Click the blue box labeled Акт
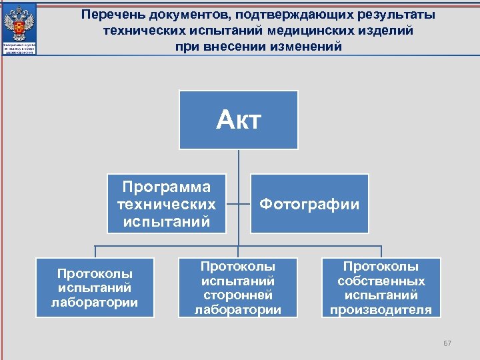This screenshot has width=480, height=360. [239, 120]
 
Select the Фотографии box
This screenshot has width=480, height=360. [309, 204]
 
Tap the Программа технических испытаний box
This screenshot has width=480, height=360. [166, 204]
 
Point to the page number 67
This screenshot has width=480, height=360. [447, 343]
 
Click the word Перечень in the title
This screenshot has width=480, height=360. [109, 15]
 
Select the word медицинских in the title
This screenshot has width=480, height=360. [303, 31]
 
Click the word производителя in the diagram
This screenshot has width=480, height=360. [381, 310]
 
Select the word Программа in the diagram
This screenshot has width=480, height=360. [166, 187]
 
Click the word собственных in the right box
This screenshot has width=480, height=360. [381, 281]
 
